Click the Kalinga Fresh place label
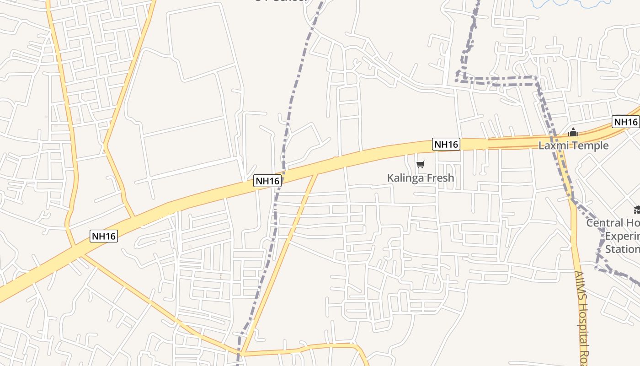click(x=421, y=178)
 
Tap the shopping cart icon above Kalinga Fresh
click(x=421, y=164)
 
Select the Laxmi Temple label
click(x=573, y=145)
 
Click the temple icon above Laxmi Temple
click(x=573, y=133)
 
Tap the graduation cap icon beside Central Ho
click(x=637, y=210)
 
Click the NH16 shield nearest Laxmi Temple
click(x=625, y=122)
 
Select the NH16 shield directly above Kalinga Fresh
click(x=446, y=145)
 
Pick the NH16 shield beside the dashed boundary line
click(x=267, y=181)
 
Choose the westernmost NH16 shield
click(x=104, y=236)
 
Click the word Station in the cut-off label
click(x=622, y=249)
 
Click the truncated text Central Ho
click(x=613, y=223)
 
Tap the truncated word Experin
click(x=622, y=236)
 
